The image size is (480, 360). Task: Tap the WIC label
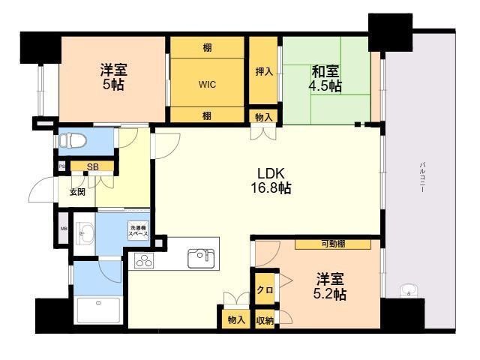[x=208, y=84]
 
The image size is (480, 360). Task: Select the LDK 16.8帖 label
[x=271, y=179]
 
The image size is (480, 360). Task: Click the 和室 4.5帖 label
[x=325, y=79]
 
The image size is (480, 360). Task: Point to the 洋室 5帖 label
[x=114, y=77]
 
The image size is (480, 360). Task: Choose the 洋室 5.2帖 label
[x=329, y=286]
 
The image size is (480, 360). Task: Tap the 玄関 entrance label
[x=77, y=192]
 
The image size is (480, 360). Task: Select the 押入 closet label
[x=263, y=72]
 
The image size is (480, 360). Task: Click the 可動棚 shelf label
[x=333, y=244]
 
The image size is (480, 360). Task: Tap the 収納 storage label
[x=264, y=319]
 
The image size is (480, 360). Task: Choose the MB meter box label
[x=63, y=229]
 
